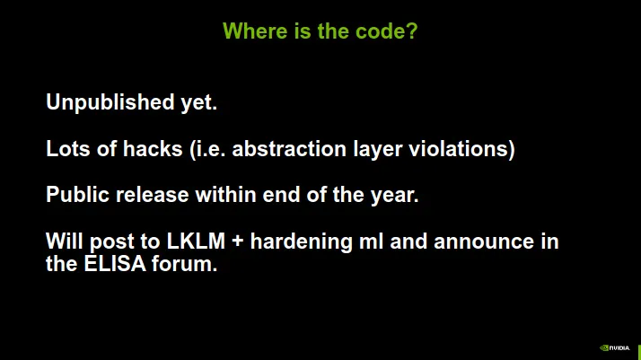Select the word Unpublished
[x=110, y=102]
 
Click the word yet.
[x=199, y=103]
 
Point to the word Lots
[x=68, y=148]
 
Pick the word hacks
[x=153, y=148]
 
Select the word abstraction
[x=289, y=148]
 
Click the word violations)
[x=462, y=149]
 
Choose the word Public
[x=78, y=195]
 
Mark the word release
[x=153, y=195]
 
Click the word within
[x=225, y=195]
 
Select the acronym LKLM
[x=196, y=241]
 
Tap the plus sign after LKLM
[x=238, y=241]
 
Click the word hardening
[x=302, y=241]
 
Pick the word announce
[x=484, y=241]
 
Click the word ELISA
[x=115, y=264]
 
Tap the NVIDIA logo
[x=614, y=348]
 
